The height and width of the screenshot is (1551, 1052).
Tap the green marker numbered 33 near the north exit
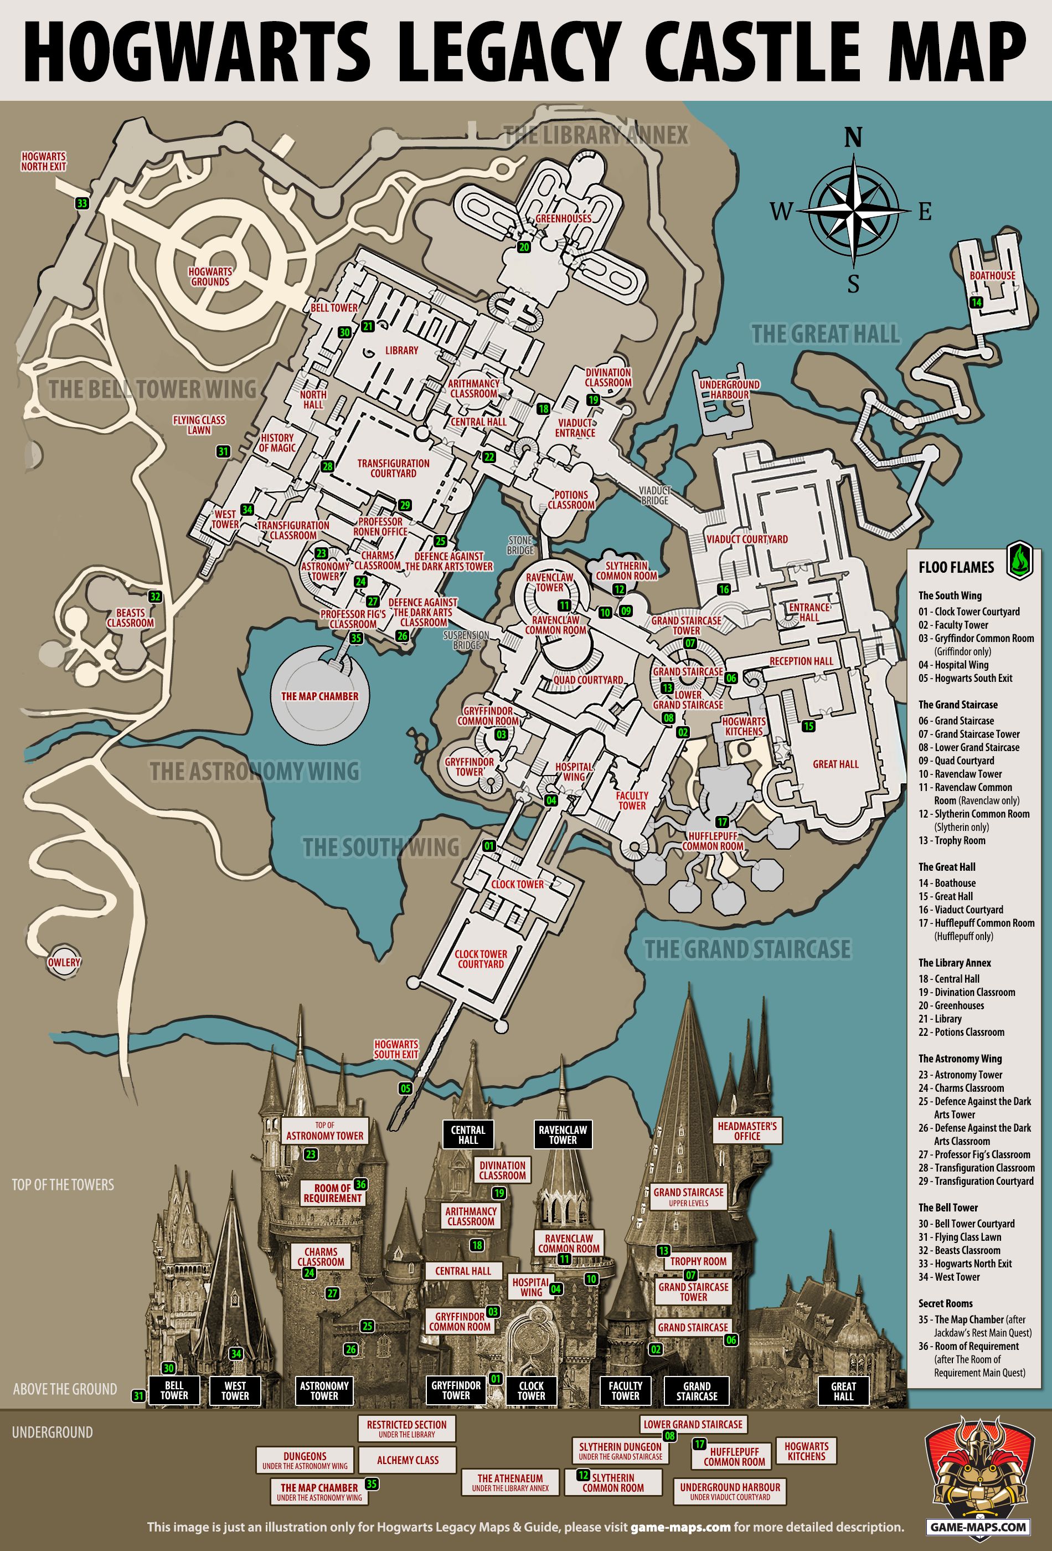[x=82, y=203]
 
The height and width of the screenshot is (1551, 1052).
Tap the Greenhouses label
[x=563, y=218]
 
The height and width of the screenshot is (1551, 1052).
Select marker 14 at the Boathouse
[x=976, y=302]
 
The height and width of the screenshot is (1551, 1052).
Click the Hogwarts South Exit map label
[x=396, y=1050]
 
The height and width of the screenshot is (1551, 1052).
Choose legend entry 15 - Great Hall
[x=954, y=896]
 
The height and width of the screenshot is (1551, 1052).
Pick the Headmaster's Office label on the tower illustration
[x=747, y=1131]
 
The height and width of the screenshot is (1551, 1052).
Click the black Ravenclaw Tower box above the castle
[x=563, y=1134]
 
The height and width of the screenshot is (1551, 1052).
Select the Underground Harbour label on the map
[x=729, y=390]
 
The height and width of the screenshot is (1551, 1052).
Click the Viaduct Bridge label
[x=654, y=495]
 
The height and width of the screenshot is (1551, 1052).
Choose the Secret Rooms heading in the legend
[x=945, y=1303]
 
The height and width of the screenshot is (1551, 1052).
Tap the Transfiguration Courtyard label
[x=393, y=468]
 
